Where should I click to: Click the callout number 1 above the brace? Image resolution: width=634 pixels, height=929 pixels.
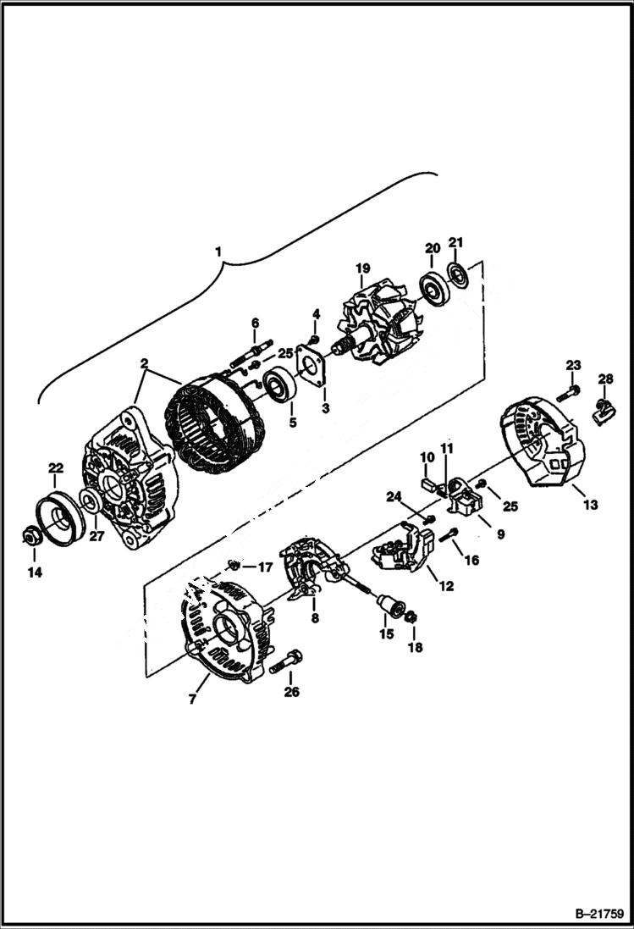218,252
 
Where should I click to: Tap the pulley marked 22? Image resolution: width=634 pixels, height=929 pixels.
58,516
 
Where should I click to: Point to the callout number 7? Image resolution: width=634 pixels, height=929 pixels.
192,700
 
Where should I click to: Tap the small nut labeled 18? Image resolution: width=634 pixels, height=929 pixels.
411,618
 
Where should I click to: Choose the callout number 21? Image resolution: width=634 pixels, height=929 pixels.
455,243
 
